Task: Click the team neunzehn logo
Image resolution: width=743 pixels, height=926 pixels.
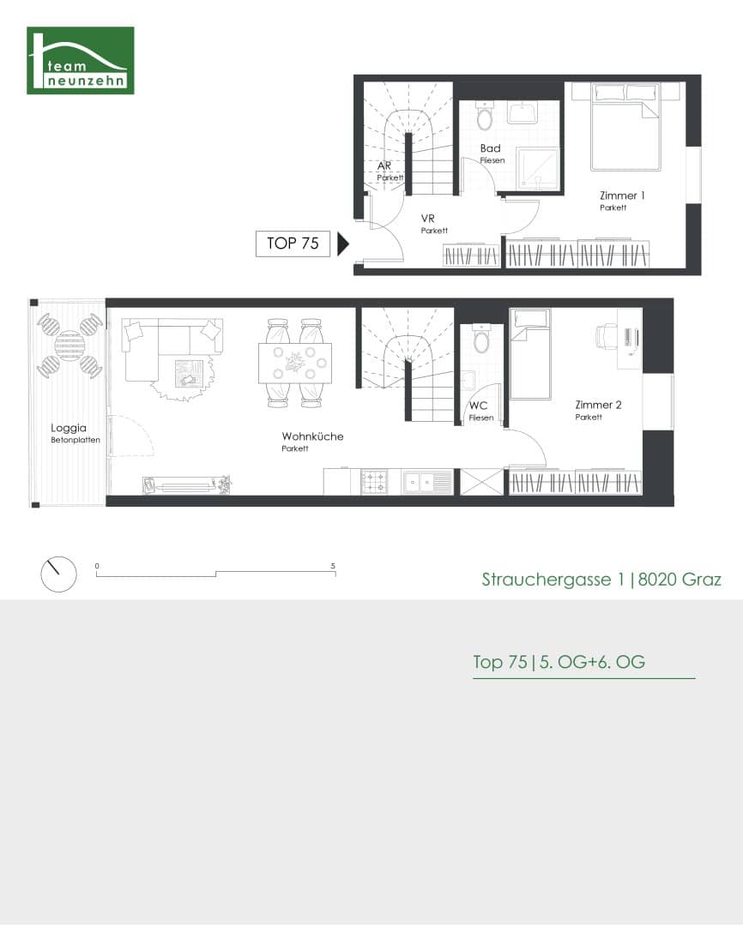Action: pos(81,60)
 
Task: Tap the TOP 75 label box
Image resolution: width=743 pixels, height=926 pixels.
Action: pos(293,244)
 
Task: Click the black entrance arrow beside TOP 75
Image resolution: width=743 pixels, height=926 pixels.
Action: pos(343,244)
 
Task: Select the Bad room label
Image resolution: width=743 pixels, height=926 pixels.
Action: pos(491,148)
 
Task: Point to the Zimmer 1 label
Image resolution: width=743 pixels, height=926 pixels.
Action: pos(622,195)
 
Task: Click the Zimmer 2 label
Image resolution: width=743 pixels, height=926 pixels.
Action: pos(598,405)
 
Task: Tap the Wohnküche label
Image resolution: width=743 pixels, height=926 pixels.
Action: pos(312,436)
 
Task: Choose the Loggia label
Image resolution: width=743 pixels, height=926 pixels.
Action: pos(69,428)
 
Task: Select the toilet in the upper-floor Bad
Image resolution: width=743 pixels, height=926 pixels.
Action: pos(485,116)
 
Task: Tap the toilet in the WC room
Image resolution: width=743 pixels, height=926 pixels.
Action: pos(482,339)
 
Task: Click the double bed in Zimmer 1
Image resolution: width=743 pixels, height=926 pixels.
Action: pos(625,127)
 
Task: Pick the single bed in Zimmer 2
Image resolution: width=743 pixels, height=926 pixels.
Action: pos(530,354)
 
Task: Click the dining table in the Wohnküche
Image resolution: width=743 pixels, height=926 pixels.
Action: pos(295,364)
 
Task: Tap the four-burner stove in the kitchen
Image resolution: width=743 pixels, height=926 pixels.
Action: pos(375,482)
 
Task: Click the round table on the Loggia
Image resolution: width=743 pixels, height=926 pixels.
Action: pos(69,346)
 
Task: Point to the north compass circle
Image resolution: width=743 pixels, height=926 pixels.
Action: pos(58,574)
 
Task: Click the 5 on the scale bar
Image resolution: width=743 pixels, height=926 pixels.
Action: pos(333,566)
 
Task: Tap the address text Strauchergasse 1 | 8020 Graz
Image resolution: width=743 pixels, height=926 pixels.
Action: pos(601,580)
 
